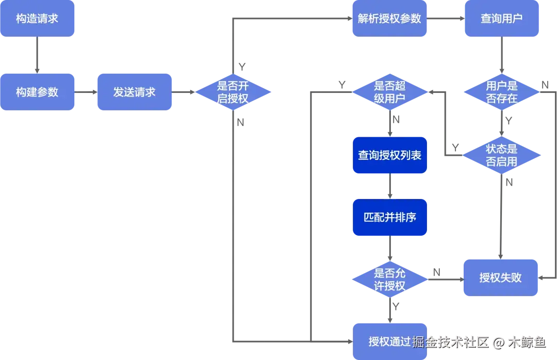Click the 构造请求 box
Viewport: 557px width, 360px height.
[37, 18]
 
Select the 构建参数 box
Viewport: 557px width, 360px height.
[37, 92]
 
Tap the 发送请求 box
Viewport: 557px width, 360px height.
[135, 92]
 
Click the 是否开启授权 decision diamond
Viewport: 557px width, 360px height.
[233, 92]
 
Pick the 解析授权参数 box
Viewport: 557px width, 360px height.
[389, 18]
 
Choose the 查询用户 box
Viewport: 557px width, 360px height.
[502, 18]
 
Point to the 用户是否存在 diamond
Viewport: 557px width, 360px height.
[502, 92]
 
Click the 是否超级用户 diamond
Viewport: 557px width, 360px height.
[390, 92]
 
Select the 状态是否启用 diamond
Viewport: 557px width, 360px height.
[502, 155]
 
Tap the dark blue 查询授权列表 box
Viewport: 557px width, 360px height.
[390, 155]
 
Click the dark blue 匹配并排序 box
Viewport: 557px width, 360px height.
[390, 217]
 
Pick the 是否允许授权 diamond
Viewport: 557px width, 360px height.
[390, 280]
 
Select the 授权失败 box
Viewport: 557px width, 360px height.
[500, 277]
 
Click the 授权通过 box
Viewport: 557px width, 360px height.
[390, 341]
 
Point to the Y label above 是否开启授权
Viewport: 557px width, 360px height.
[242, 67]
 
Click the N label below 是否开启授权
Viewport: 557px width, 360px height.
[240, 122]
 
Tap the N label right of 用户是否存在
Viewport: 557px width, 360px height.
[545, 85]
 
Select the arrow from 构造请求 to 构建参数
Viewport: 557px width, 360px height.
[37, 55]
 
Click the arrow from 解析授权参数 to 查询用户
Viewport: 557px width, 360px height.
[446, 19]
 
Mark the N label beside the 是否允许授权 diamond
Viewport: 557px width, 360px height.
[437, 272]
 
